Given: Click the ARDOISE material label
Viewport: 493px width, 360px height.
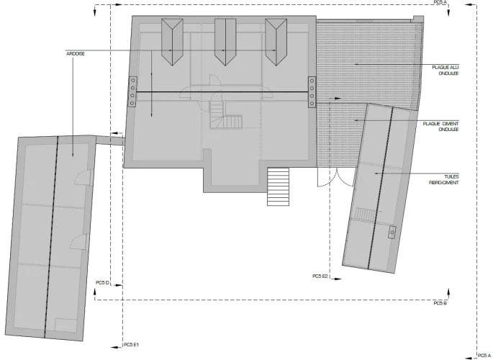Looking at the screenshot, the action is (x=76, y=54).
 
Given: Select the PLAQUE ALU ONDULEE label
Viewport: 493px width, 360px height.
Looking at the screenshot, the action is (x=445, y=71).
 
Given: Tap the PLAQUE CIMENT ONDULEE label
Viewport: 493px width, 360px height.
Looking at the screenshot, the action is (x=440, y=127).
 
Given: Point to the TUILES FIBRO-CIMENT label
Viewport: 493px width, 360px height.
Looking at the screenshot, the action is (x=444, y=179).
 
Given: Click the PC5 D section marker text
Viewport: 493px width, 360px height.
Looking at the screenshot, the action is (x=102, y=283).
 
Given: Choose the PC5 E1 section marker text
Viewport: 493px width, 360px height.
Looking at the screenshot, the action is (x=131, y=345).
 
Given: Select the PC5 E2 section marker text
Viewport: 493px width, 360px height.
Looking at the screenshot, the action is (x=320, y=276).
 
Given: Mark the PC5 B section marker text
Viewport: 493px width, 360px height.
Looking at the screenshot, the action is (x=440, y=303).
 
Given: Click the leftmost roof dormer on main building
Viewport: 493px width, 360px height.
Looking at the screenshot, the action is (x=172, y=42).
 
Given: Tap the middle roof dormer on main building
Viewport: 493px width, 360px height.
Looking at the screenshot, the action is (x=225, y=42).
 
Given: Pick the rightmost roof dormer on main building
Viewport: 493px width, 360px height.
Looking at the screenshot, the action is (x=276, y=42).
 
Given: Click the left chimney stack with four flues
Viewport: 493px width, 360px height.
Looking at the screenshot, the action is (x=132, y=92).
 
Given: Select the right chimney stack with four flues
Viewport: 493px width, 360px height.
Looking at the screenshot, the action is (x=312, y=92).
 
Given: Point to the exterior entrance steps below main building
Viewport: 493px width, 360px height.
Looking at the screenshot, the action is (x=278, y=186).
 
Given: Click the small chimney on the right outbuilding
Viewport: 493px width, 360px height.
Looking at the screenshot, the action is (x=392, y=233).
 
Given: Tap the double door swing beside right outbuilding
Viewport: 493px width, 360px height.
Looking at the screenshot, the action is (x=336, y=178).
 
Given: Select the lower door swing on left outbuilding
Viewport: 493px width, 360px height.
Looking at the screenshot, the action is (x=78, y=242).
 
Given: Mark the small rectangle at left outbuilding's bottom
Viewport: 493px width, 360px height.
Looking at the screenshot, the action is (x=65, y=325).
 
